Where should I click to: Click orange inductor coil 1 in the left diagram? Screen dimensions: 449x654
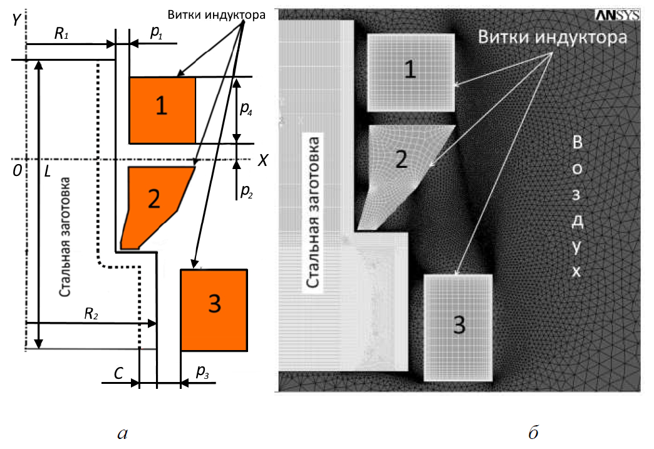pyautogui.click(x=162, y=110)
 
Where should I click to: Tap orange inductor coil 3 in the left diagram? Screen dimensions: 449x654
pyautogui.click(x=213, y=309)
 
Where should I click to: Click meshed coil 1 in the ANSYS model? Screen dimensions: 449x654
pyautogui.click(x=410, y=72)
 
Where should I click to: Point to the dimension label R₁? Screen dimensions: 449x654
pyautogui.click(x=61, y=34)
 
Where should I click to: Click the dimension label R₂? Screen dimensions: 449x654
pyautogui.click(x=91, y=314)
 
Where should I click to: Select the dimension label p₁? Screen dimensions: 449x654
pyautogui.click(x=156, y=34)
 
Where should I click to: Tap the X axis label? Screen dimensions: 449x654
pyautogui.click(x=263, y=161)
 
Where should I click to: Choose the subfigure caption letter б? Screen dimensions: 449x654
pyautogui.click(x=534, y=431)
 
